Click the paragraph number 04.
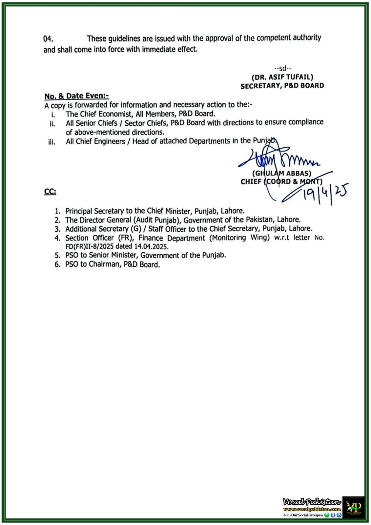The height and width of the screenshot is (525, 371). (48, 39)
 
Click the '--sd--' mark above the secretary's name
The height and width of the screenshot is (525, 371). (282, 69)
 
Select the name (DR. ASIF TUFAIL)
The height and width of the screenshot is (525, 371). (282, 77)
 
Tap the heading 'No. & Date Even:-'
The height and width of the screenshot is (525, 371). (76, 96)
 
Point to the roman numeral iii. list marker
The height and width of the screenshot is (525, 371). (52, 142)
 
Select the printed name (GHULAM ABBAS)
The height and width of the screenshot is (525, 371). (281, 173)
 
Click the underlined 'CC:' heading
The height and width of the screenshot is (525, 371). (50, 192)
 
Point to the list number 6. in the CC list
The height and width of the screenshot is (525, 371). (57, 265)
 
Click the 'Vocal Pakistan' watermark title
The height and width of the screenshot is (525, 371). (311, 502)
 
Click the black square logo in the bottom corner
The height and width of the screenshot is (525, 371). (353, 507)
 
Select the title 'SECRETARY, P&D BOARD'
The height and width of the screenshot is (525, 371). (282, 86)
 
